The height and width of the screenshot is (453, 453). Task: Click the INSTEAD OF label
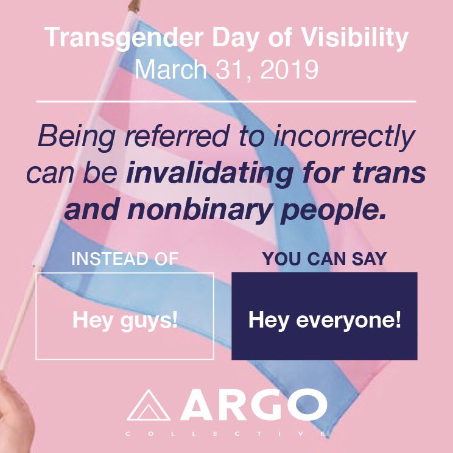pyautogui.click(x=125, y=259)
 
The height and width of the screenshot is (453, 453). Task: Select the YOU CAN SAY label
pyautogui.click(x=325, y=259)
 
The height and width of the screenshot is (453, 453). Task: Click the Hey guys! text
pyautogui.click(x=125, y=319)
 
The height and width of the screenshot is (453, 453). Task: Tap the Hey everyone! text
pyautogui.click(x=325, y=320)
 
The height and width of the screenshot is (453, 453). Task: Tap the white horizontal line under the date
pyautogui.click(x=226, y=100)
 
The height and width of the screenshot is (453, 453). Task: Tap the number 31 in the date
pyautogui.click(x=229, y=69)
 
